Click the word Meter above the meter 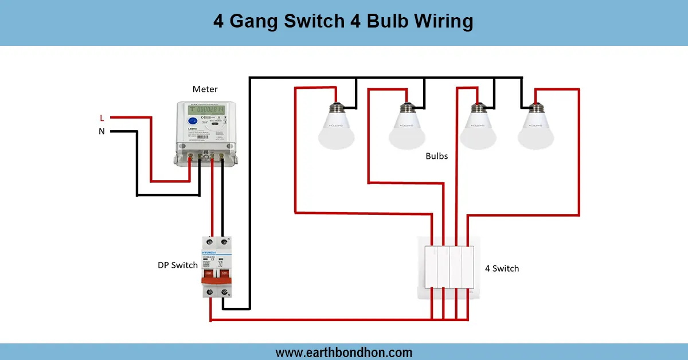(205, 89)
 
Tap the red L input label (102, 118)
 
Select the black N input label (102, 131)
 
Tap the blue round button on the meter (193, 122)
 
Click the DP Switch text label (178, 265)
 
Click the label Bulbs (437, 156)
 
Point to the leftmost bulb (336, 127)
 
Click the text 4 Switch (502, 268)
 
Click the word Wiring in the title (440, 22)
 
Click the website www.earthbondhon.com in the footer (344, 352)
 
